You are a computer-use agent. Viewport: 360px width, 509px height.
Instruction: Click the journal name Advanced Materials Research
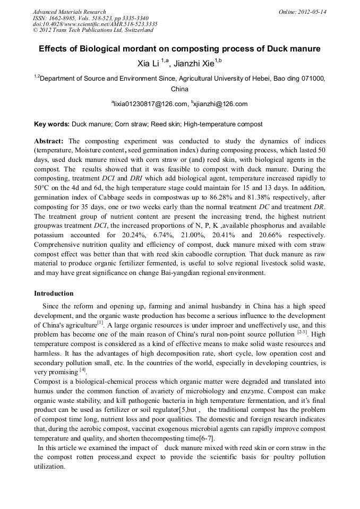click(x=69, y=12)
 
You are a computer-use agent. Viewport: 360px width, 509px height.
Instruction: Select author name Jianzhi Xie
click(x=192, y=64)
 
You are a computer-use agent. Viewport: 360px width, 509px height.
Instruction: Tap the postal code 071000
click(x=311, y=78)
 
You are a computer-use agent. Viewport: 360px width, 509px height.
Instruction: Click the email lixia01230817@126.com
click(x=151, y=104)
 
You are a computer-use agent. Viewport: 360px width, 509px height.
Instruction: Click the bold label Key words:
click(x=52, y=124)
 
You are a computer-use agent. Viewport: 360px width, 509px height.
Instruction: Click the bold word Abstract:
click(x=49, y=141)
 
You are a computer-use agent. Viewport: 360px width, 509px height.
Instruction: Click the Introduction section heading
click(x=54, y=294)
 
